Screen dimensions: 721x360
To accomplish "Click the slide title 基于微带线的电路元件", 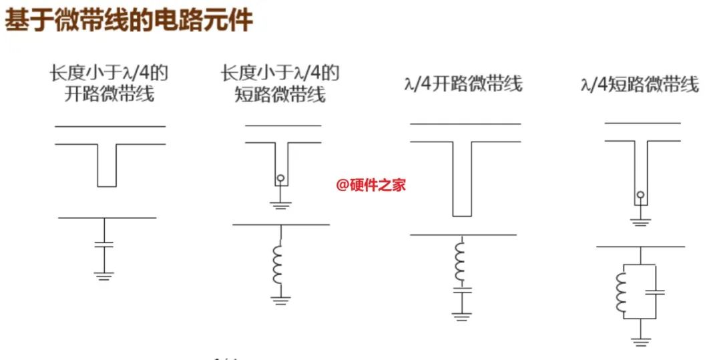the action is pyautogui.click(x=129, y=20).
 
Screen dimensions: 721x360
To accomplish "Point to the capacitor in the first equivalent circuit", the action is pyautogui.click(x=104, y=244).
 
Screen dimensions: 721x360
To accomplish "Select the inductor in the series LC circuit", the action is pyautogui.click(x=460, y=262).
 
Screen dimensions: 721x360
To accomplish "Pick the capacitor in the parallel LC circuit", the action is pyautogui.click(x=656, y=291).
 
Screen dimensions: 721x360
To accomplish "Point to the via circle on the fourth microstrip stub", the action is pyautogui.click(x=640, y=196).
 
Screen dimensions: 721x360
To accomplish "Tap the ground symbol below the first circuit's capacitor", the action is pyautogui.click(x=103, y=275).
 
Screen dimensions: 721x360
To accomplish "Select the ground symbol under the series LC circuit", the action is pyautogui.click(x=460, y=317).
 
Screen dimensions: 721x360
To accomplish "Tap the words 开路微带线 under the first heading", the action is pyautogui.click(x=109, y=94).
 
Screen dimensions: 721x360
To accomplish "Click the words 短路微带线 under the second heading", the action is pyautogui.click(x=280, y=94).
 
